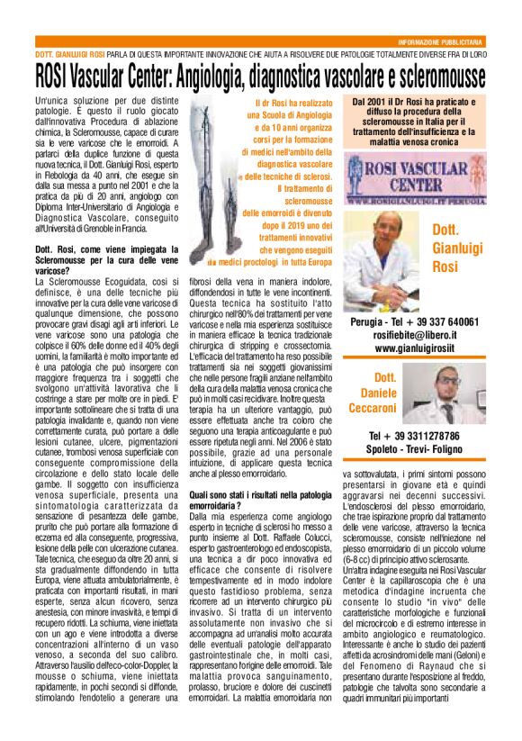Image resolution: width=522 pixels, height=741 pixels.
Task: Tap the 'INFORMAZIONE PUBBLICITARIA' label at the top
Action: point(440,42)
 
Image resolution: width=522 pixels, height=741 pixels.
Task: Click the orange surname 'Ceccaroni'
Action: point(385,410)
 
